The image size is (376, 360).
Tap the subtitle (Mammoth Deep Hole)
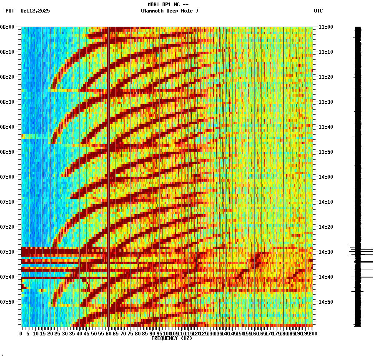tap(169, 11)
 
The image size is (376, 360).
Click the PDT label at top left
tap(10, 11)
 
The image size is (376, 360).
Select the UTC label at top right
tap(318, 11)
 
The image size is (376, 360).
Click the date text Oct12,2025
tap(35, 11)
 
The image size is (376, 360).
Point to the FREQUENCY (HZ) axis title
tap(171, 338)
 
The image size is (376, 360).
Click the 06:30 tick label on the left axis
tap(8, 102)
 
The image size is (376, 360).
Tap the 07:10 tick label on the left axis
tap(8, 202)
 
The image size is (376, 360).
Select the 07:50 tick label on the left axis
tap(8, 302)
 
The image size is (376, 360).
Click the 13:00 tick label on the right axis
tap(326, 27)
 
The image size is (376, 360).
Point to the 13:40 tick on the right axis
tap(326, 127)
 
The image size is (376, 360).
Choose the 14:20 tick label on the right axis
tap(326, 227)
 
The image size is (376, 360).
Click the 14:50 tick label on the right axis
tap(326, 302)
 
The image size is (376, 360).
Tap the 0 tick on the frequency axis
tap(21, 334)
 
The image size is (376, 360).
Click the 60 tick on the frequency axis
tap(108, 334)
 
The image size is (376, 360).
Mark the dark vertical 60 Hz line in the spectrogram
tap(108, 167)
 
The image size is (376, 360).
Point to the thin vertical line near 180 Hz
tap(283, 167)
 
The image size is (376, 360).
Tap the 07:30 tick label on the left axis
tap(8, 252)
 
